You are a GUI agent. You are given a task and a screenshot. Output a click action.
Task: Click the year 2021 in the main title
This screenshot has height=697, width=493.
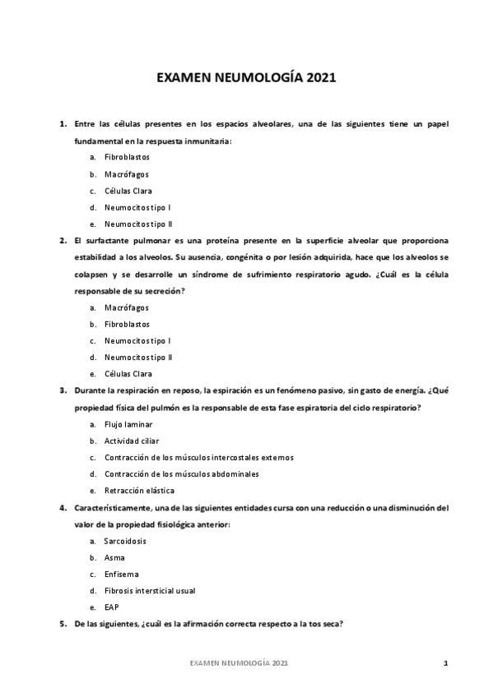pyautogui.click(x=322, y=80)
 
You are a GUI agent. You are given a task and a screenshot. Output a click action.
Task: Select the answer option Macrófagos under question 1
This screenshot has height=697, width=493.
pyautogui.click(x=126, y=174)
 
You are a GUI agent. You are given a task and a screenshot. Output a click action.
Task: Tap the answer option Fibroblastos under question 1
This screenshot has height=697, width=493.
pyautogui.click(x=127, y=157)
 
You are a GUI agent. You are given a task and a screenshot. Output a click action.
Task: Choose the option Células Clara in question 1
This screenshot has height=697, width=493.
pyautogui.click(x=128, y=191)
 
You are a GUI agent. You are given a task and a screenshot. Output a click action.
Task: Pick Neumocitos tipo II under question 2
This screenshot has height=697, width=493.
pyautogui.click(x=138, y=358)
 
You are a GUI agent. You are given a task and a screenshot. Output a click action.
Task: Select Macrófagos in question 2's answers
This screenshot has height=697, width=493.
pyautogui.click(x=126, y=307)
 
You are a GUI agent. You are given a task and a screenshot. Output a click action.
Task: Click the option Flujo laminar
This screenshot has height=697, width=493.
pyautogui.click(x=128, y=424)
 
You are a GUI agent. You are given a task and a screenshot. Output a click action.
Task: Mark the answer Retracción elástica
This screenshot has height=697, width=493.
pyautogui.click(x=133, y=491)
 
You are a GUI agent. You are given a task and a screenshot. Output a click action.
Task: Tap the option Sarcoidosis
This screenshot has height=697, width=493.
pyautogui.click(x=125, y=541)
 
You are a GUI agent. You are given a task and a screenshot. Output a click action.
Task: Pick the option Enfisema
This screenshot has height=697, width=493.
pyautogui.click(x=121, y=574)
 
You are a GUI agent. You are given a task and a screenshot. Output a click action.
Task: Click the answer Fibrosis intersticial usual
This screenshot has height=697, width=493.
pyautogui.click(x=150, y=590)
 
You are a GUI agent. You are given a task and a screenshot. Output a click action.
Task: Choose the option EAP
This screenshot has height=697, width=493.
pyautogui.click(x=111, y=607)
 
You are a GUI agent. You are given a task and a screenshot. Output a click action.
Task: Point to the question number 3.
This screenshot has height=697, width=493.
pyautogui.click(x=63, y=390)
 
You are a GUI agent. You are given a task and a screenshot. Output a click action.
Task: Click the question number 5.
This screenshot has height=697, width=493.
pyautogui.click(x=63, y=624)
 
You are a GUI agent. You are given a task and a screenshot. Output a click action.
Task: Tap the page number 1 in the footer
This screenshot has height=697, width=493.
pyautogui.click(x=444, y=662)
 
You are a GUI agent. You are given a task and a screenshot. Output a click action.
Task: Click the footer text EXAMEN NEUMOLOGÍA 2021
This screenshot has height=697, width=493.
pyautogui.click(x=239, y=662)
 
